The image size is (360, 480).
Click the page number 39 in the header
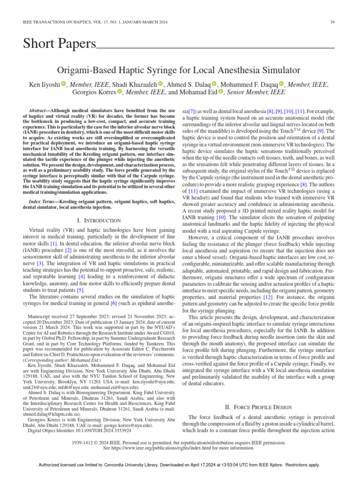coord(332,22)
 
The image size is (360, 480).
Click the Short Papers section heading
coord(59,44)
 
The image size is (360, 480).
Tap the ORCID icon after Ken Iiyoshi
coord(64,84)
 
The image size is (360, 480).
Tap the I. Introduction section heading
coord(98,220)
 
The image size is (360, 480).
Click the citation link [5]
coord(80,290)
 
